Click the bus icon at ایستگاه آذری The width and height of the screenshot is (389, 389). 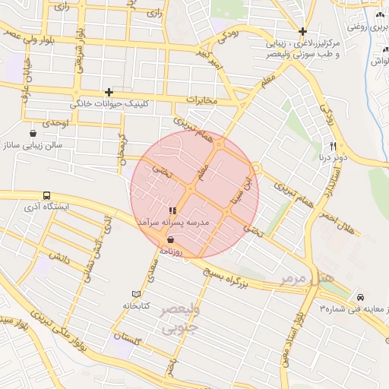(47, 195)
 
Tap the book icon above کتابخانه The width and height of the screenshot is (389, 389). (137, 294)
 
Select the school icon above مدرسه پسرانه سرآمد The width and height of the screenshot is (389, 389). (172, 210)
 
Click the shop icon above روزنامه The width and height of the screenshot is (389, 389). (169, 239)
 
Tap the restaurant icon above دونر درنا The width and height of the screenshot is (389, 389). (333, 146)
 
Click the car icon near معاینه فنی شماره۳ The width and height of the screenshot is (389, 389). (360, 297)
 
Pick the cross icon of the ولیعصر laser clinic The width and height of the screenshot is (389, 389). (302, 31)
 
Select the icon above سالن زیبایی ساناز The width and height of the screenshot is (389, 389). (33, 133)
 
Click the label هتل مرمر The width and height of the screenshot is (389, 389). (307, 279)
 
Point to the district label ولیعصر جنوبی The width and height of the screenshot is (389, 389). (180, 320)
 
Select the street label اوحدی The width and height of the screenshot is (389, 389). (55, 122)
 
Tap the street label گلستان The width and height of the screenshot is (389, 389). (128, 335)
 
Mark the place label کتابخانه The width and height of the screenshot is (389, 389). (137, 305)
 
